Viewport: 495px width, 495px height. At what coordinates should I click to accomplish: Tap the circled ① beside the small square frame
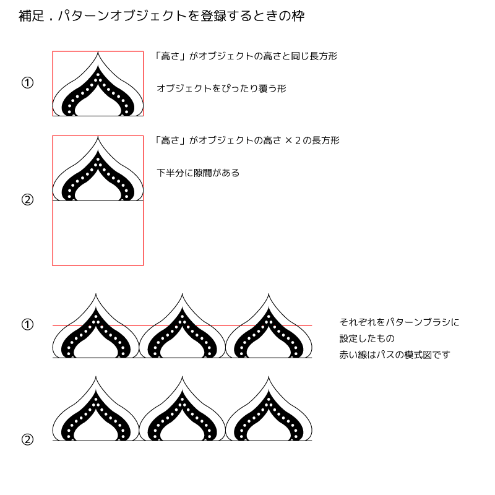tap(27, 83)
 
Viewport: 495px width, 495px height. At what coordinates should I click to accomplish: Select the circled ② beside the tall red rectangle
tap(27, 200)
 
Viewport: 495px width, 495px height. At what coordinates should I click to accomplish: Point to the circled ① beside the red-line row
tap(27, 324)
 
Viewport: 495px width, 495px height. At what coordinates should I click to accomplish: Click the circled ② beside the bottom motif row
tap(27, 440)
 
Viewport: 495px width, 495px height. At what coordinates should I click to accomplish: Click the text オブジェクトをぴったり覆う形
tap(222, 88)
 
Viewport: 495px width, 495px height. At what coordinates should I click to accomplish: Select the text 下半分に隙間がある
tap(198, 173)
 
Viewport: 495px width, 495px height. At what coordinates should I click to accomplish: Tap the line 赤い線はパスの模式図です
tap(395, 355)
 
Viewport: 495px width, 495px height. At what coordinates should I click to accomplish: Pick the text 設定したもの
tap(367, 339)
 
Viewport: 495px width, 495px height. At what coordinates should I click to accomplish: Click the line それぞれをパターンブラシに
tap(400, 322)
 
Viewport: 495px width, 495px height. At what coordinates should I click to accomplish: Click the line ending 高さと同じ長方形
tap(246, 56)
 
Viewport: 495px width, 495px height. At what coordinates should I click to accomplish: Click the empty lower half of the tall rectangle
tap(98, 233)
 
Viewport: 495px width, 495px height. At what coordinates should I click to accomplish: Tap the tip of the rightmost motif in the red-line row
tap(269, 293)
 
